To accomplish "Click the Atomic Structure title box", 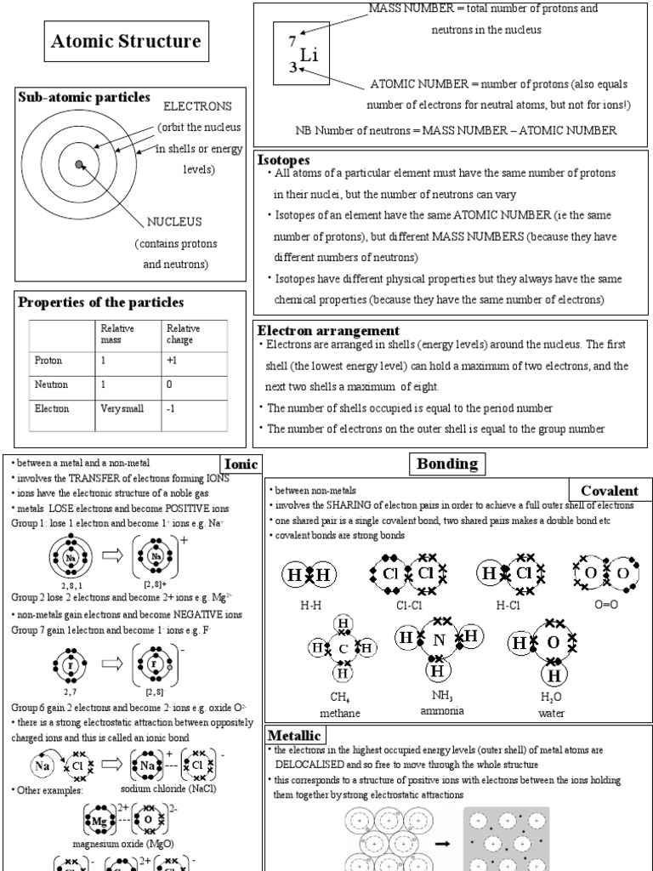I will tap(127, 42).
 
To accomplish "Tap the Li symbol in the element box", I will tap(309, 55).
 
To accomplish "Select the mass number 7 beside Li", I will tap(292, 41).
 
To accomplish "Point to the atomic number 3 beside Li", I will tap(292, 68).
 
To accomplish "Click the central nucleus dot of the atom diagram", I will tap(79, 164).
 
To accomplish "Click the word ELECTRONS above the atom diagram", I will tap(197, 106).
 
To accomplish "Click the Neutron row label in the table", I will tap(51, 384).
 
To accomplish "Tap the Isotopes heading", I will tap(283, 159).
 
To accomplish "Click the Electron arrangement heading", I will tap(327, 330).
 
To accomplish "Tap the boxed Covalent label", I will tap(609, 491).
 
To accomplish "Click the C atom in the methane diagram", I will tap(344, 649).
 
